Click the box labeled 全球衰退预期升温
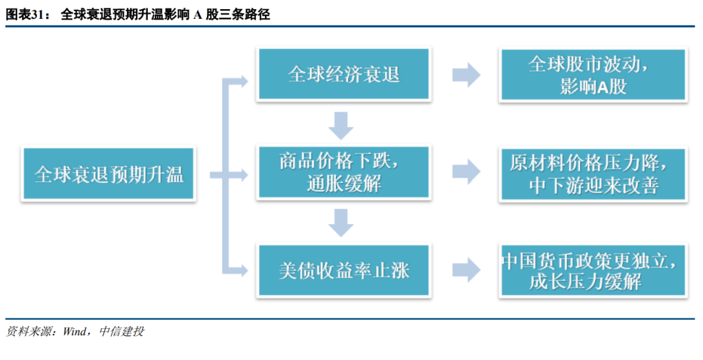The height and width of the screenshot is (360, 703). tap(109, 174)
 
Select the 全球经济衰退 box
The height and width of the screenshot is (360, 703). tap(344, 74)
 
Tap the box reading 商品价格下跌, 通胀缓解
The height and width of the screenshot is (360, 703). tap(344, 172)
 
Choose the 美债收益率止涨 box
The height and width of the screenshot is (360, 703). tap(344, 270)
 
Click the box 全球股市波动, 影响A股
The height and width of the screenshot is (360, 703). tap(593, 75)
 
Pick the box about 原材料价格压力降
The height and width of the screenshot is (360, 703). tap(593, 174)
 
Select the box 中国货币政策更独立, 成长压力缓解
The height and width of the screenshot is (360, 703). tap(593, 270)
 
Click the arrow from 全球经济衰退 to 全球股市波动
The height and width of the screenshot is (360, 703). tap(466, 74)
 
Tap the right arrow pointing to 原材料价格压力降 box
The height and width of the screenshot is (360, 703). tap(466, 172)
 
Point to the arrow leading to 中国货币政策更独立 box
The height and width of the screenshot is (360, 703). tap(466, 270)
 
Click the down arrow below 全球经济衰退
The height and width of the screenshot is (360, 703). tap(341, 126)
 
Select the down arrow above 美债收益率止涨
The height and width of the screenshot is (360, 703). tap(341, 223)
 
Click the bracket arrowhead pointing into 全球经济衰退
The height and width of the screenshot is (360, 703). tap(243, 81)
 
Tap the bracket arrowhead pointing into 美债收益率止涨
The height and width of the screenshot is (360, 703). tap(243, 270)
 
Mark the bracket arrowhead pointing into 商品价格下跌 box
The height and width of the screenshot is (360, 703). tap(243, 175)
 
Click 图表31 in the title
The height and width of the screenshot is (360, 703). tap(25, 14)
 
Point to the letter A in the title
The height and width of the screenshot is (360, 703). tap(197, 15)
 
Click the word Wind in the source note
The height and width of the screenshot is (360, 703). tap(74, 331)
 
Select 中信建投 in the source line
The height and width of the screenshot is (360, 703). tap(122, 331)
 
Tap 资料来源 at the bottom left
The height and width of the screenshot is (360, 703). tap(28, 331)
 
